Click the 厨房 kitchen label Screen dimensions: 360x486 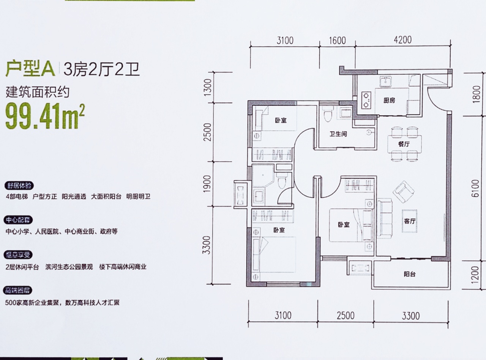pyautogui.click(x=389, y=101)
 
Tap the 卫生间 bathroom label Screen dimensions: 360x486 pyautogui.click(x=338, y=134)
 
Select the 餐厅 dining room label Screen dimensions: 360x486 pyautogui.click(x=404, y=144)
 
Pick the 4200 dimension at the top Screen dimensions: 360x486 pyautogui.click(x=402, y=39)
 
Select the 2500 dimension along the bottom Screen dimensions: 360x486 pyautogui.click(x=345, y=316)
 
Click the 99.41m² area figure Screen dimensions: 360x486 pyautogui.click(x=45, y=117)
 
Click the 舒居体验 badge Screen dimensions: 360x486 pyautogui.click(x=19, y=186)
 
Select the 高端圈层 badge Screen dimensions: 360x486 pyautogui.click(x=19, y=291)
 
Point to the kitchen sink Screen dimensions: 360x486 pyautogui.click(x=386, y=81)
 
